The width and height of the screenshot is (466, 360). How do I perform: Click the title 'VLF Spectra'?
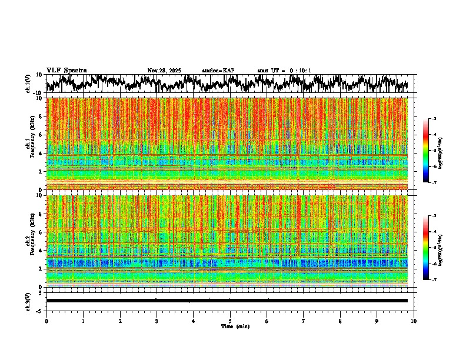click(x=66, y=71)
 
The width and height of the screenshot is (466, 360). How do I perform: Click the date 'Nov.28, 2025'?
click(x=164, y=71)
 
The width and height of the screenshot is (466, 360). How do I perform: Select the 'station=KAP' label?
click(x=218, y=71)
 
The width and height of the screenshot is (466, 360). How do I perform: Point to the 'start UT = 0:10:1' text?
click(x=284, y=71)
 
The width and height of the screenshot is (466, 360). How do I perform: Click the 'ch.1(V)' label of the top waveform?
click(x=28, y=84)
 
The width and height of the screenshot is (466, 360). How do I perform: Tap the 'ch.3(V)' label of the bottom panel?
click(x=28, y=301)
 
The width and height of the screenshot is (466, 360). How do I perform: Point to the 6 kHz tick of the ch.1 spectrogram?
click(x=41, y=135)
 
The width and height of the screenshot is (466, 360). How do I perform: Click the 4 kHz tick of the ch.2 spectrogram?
click(x=41, y=250)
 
